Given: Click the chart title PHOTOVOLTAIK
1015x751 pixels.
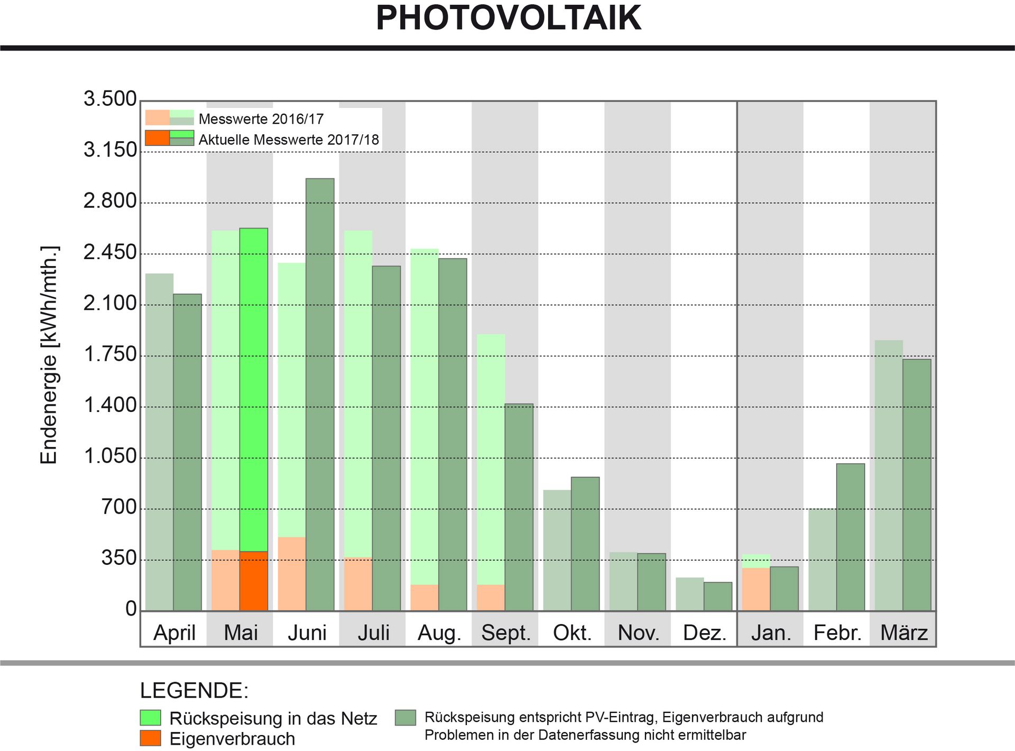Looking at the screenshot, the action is pyautogui.click(x=508, y=18).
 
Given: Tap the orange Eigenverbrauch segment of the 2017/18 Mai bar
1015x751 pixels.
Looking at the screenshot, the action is pyautogui.click(x=254, y=581).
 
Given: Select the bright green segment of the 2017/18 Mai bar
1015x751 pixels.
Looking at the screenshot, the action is pyautogui.click(x=254, y=390).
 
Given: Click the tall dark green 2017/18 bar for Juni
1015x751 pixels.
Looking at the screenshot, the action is pyautogui.click(x=320, y=395).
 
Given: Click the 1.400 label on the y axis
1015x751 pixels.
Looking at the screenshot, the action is pyautogui.click(x=110, y=406).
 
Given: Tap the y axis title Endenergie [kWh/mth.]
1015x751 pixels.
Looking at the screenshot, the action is pyautogui.click(x=49, y=355).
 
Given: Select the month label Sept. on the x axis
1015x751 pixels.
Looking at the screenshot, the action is pyautogui.click(x=506, y=633).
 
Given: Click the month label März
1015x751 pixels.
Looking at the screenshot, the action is pyautogui.click(x=904, y=633).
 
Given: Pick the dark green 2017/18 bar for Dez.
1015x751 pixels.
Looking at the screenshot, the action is pyautogui.click(x=718, y=597).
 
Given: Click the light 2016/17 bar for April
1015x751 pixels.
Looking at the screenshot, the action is pyautogui.click(x=160, y=442).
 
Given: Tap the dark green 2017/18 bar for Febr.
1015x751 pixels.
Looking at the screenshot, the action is pyautogui.click(x=851, y=537).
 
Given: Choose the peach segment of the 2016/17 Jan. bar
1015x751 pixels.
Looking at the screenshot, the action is pyautogui.click(x=756, y=589).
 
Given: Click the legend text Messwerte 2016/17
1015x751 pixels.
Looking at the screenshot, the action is pyautogui.click(x=261, y=119).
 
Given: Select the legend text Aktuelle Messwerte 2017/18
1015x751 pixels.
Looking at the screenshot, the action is pyautogui.click(x=289, y=140).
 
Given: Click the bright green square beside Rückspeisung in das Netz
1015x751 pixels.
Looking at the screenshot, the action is pyautogui.click(x=151, y=718).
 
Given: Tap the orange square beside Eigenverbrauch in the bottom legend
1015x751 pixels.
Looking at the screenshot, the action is pyautogui.click(x=151, y=738).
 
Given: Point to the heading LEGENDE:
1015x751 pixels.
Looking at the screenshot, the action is pyautogui.click(x=195, y=691).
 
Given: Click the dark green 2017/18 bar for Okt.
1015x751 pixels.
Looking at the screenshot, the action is pyautogui.click(x=585, y=544).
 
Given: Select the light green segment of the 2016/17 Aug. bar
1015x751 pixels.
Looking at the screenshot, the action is pyautogui.click(x=425, y=417).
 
